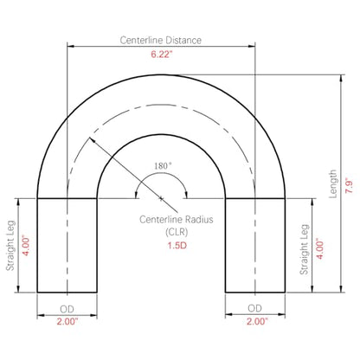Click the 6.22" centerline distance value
[162, 54]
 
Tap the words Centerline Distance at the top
[161, 40]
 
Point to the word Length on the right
[333, 183]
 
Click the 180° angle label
[163, 166]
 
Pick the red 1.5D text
[177, 246]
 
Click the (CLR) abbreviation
[177, 232]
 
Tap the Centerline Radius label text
[177, 220]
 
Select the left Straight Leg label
[10, 246]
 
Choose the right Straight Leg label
[305, 249]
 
